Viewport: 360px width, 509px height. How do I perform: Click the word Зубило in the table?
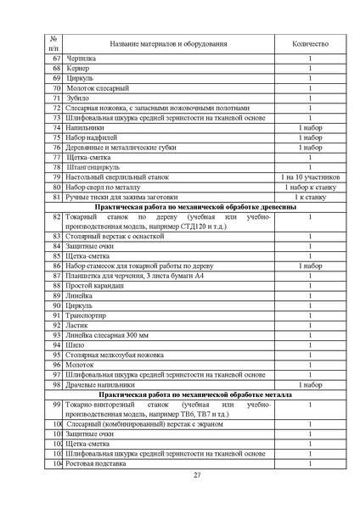(x=79, y=98)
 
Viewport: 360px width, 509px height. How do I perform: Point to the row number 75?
(x=56, y=137)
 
